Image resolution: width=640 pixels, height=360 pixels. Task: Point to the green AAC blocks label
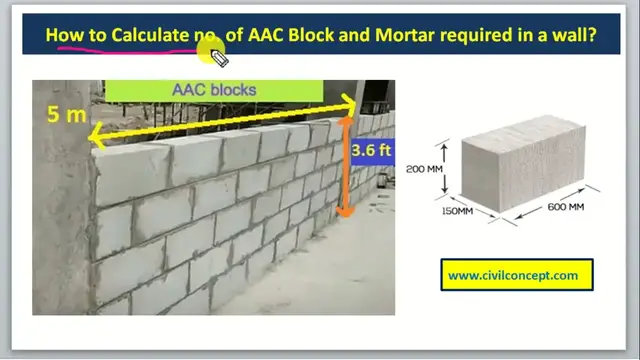pos(214,89)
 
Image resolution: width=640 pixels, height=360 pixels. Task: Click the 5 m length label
pos(67,115)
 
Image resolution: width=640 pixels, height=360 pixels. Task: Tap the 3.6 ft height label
pos(370,150)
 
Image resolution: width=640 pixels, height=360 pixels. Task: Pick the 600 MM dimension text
pos(565,207)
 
